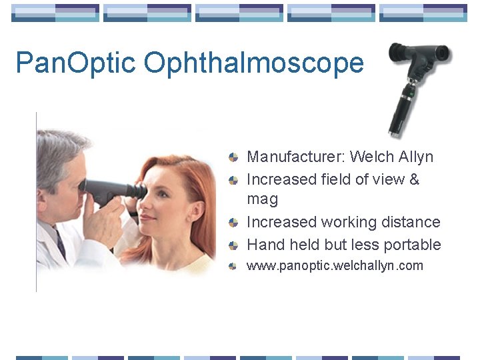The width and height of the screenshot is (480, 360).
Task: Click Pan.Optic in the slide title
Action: click(76, 63)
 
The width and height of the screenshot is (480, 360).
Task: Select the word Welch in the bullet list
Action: click(372, 157)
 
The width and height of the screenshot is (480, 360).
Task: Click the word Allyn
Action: click(417, 157)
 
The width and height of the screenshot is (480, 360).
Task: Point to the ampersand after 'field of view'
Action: click(413, 179)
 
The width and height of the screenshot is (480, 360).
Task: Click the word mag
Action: click(262, 199)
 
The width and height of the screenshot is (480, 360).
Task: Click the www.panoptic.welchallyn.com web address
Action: click(335, 266)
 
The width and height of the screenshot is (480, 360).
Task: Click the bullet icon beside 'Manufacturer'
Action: click(233, 158)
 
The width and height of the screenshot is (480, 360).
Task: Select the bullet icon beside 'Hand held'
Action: click(233, 245)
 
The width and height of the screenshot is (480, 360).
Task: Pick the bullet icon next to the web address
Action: click(233, 267)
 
